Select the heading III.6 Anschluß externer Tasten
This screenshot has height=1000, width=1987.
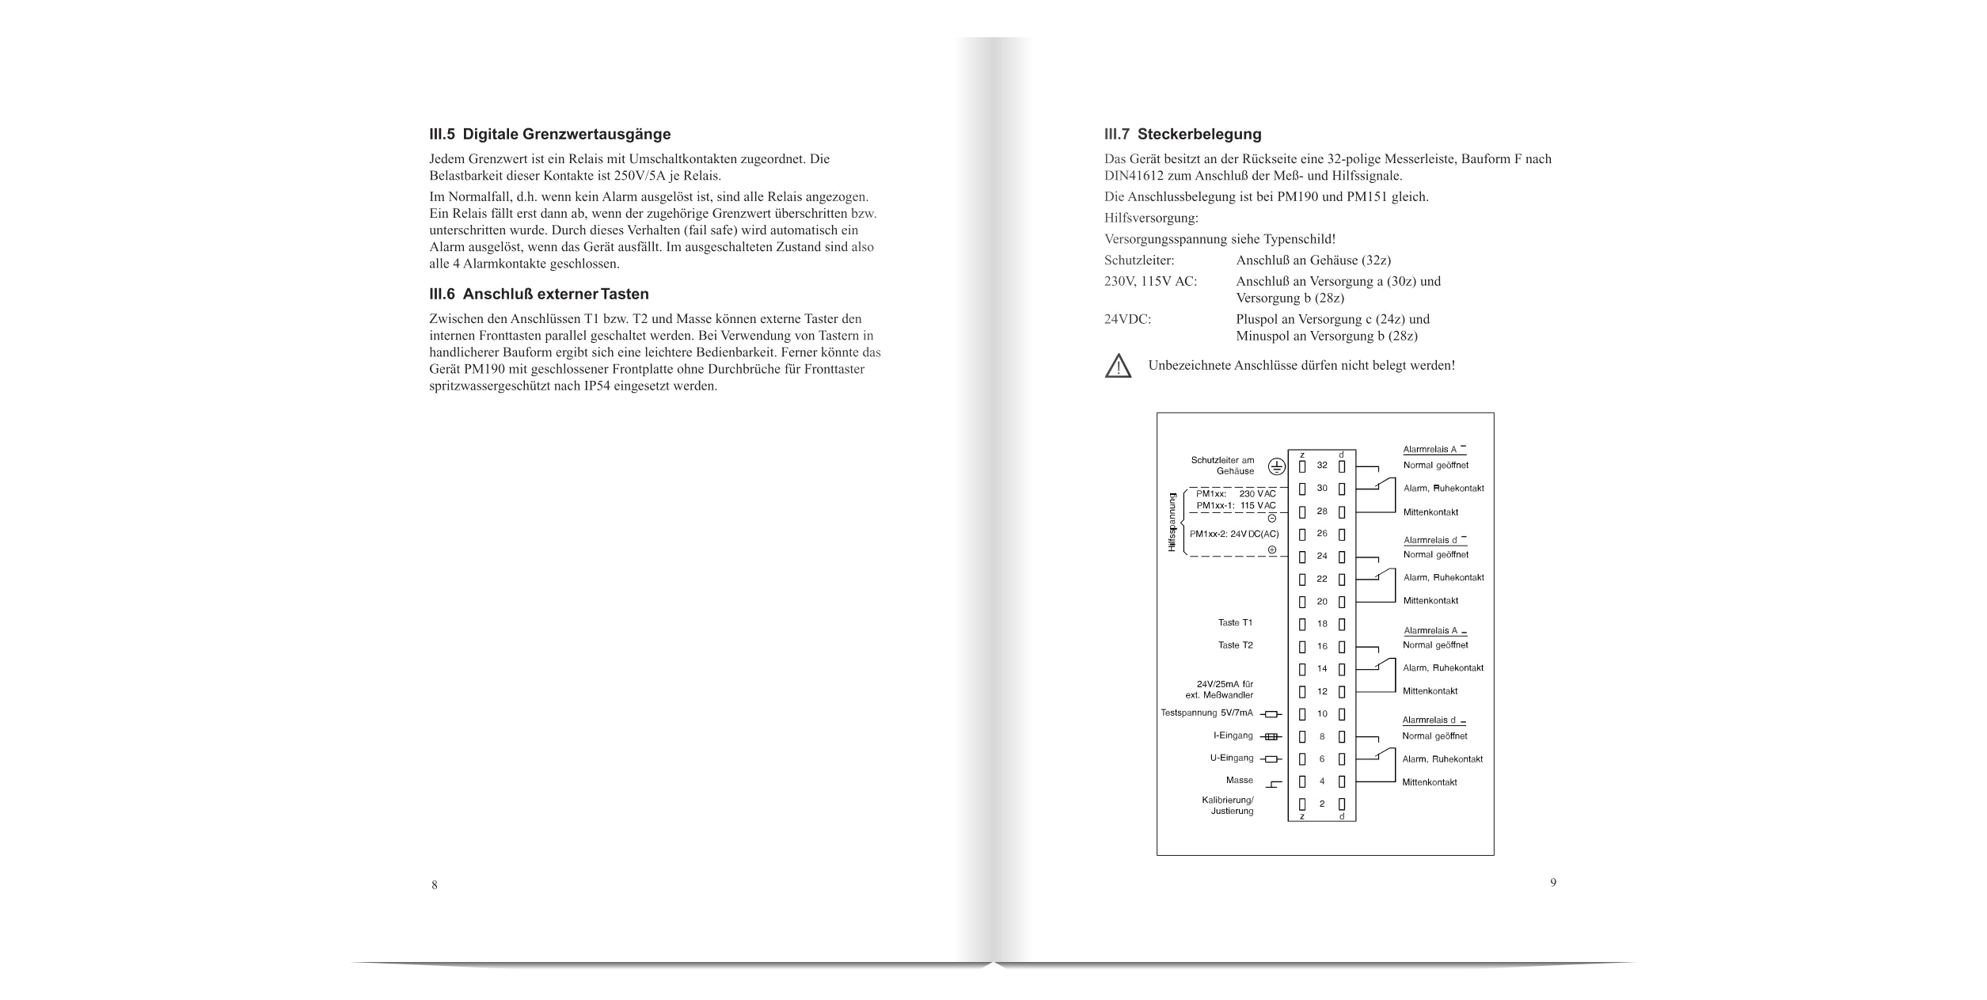pyautogui.click(x=538, y=295)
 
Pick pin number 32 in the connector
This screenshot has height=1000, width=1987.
pyautogui.click(x=1322, y=466)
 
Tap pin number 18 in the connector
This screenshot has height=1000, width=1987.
pyautogui.click(x=1322, y=624)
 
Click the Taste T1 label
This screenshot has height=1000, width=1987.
pyautogui.click(x=1235, y=622)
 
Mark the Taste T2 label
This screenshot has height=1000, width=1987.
pyautogui.click(x=1235, y=645)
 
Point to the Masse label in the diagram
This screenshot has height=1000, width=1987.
pyautogui.click(x=1239, y=780)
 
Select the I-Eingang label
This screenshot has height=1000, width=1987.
pyautogui.click(x=1233, y=736)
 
